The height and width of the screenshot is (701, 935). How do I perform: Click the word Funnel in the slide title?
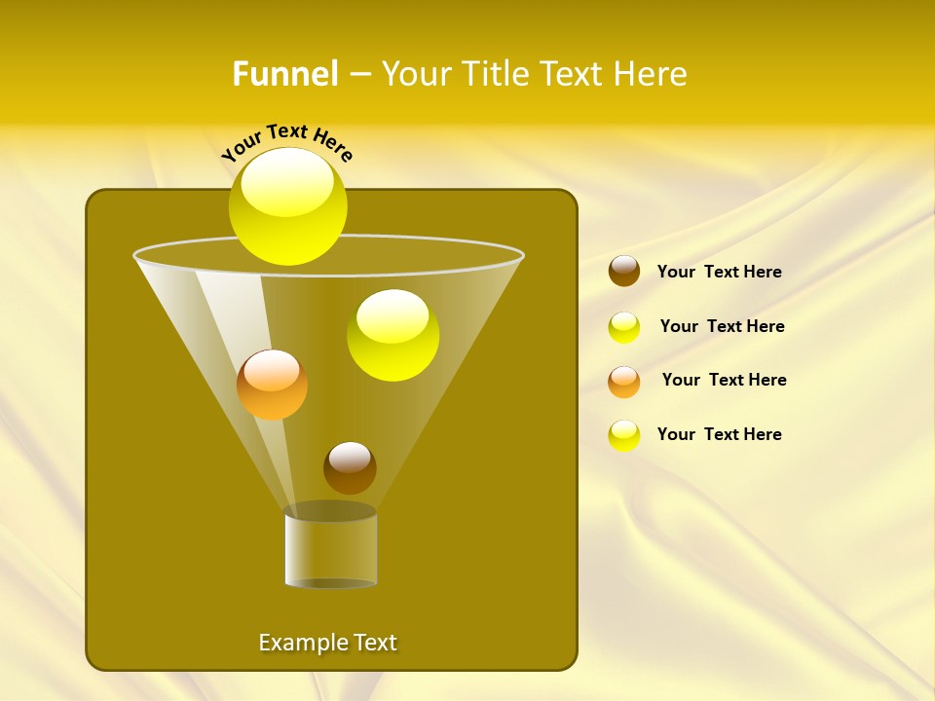[x=285, y=74]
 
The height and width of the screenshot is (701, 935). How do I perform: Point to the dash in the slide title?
[x=358, y=75]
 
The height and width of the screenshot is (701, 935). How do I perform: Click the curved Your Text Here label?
[x=287, y=141]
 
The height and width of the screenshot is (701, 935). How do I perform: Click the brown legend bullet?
[x=624, y=272]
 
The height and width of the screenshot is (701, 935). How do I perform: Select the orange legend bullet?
[x=624, y=381]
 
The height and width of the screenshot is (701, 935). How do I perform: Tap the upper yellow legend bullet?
[x=624, y=327]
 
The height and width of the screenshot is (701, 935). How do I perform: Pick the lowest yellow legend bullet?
[x=624, y=435]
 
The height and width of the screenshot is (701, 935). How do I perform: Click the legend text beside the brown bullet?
[x=719, y=272]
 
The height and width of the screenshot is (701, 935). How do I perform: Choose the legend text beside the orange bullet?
[x=724, y=380]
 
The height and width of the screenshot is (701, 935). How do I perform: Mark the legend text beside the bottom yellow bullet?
[x=719, y=434]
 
